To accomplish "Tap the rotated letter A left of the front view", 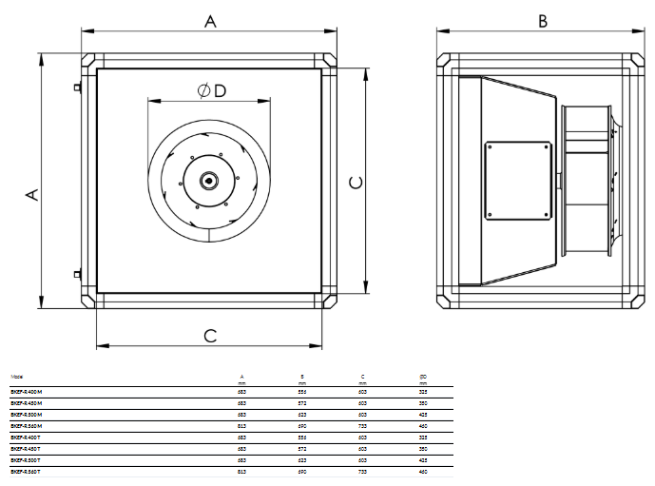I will [31, 194].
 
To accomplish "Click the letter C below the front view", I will [210, 335].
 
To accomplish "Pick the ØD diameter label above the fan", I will [211, 90].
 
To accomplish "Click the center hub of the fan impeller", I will [208, 179].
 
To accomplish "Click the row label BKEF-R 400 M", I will [26, 391].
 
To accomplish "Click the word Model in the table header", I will [15, 377].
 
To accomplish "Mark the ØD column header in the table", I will [422, 377].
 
